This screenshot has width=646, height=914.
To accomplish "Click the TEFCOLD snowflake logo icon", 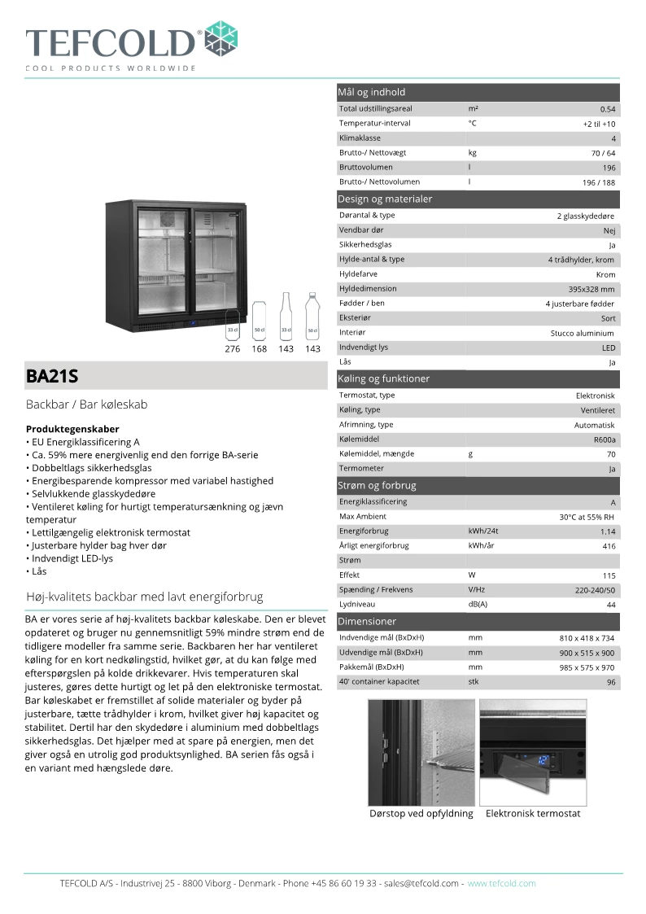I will (x=220, y=38).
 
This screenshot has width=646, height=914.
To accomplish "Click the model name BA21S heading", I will (x=52, y=376).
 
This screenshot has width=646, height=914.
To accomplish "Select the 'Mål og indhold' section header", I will (x=372, y=92).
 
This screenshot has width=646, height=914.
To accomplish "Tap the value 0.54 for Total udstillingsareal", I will (x=608, y=109).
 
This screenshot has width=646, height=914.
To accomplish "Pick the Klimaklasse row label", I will (x=360, y=138).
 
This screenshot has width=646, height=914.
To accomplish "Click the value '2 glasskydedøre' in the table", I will (x=586, y=216).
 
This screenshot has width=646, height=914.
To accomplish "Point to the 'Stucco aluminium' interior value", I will (x=583, y=333).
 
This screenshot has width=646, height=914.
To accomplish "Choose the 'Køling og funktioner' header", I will (x=383, y=378).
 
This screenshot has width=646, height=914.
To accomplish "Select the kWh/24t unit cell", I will (x=482, y=531).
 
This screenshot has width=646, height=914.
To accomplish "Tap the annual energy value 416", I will (x=609, y=546).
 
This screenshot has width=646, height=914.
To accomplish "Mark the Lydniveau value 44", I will (x=610, y=605).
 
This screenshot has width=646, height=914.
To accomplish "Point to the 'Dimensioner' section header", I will (x=367, y=621).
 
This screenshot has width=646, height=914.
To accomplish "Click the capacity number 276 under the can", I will (x=233, y=349).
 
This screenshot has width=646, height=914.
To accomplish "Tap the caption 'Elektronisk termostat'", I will (x=533, y=813).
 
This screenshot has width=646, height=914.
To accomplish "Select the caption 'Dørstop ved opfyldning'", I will (x=421, y=813).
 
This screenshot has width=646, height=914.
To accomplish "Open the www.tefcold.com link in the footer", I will (x=501, y=883).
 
